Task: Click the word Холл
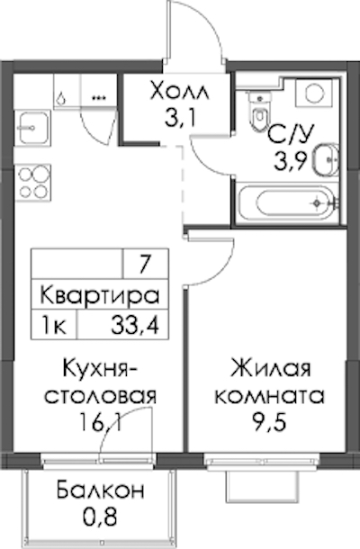(x=179, y=92)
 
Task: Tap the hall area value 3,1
(x=179, y=118)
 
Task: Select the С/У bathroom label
(x=290, y=134)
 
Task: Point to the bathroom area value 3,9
(x=292, y=161)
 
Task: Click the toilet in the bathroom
(x=260, y=111)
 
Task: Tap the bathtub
(x=287, y=202)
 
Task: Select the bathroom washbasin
(x=327, y=159)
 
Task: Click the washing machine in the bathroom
(x=314, y=93)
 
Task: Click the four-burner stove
(x=33, y=183)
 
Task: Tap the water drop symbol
(x=61, y=99)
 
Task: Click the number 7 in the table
(x=145, y=265)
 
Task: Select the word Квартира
(x=100, y=295)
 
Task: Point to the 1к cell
(x=54, y=325)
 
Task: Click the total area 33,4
(x=136, y=325)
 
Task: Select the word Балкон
(x=101, y=490)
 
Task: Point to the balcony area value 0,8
(x=101, y=517)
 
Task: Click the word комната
(x=270, y=397)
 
